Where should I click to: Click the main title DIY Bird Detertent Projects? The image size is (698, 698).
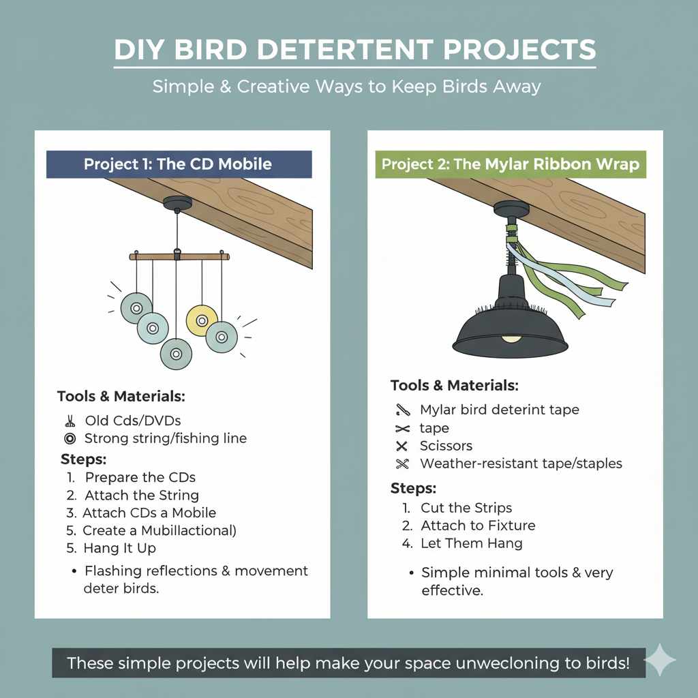(354, 50)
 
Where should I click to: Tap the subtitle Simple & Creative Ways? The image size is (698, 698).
(346, 87)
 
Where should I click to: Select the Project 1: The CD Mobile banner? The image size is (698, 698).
(178, 164)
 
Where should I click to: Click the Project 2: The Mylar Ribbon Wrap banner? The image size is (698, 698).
(510, 164)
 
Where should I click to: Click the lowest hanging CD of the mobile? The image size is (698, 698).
(176, 353)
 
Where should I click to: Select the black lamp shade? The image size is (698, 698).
(510, 327)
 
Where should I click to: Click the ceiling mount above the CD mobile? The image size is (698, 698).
(178, 203)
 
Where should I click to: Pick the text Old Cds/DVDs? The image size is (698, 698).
(133, 421)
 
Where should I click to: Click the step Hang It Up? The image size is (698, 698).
(119, 548)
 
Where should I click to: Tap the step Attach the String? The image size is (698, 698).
(142, 495)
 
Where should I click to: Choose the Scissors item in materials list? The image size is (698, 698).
(446, 446)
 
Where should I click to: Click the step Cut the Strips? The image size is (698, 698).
(466, 508)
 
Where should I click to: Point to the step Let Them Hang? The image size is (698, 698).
(472, 543)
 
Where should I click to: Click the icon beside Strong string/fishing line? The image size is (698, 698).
(69, 438)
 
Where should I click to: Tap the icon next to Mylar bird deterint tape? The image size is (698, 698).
(401, 410)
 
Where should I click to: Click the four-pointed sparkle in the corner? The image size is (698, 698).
(660, 660)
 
